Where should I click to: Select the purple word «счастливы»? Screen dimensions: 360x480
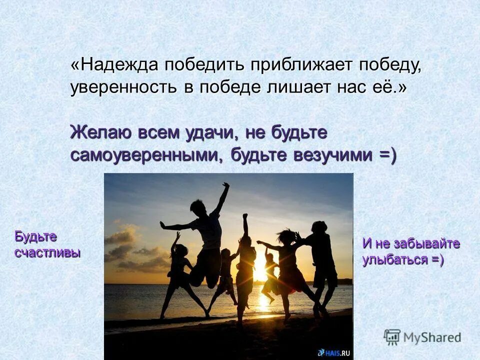point(47,252)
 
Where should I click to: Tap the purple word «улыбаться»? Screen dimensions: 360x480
point(395,259)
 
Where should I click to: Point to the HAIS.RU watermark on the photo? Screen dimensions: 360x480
point(334,352)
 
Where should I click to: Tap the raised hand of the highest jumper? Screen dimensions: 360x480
point(226,185)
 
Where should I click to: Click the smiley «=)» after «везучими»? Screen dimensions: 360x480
point(387,155)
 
